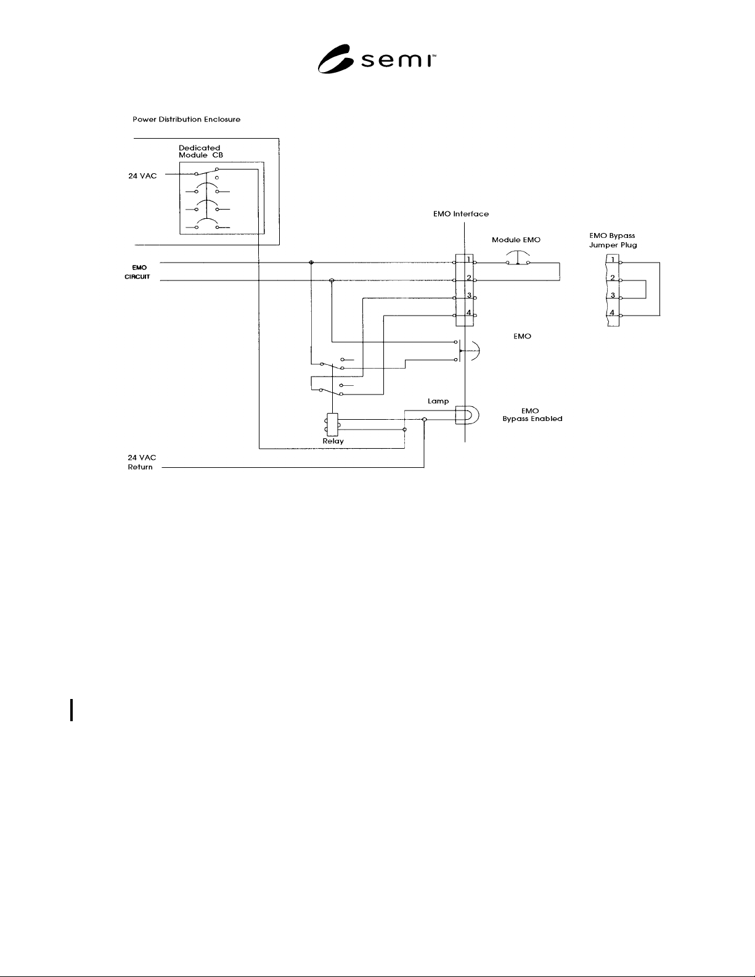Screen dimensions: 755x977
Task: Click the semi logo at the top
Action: [x=377, y=59]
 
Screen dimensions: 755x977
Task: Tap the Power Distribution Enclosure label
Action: [x=187, y=119]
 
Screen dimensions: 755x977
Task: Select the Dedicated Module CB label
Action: [x=200, y=152]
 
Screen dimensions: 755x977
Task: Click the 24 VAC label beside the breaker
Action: [x=142, y=176]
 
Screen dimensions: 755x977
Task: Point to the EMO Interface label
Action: [x=460, y=214]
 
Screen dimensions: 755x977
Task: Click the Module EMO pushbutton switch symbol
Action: [x=518, y=258]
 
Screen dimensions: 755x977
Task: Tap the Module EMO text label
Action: [x=516, y=240]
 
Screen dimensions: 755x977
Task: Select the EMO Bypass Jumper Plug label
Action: [x=613, y=240]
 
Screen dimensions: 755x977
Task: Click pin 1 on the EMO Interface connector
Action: [x=469, y=260]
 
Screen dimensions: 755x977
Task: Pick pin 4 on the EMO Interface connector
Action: [x=469, y=313]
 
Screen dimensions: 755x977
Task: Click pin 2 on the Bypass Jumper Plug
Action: [x=612, y=278]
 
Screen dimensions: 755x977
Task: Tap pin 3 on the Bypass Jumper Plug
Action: [x=613, y=295]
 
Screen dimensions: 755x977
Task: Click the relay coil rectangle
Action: [x=333, y=425]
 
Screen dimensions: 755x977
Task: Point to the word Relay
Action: [x=333, y=441]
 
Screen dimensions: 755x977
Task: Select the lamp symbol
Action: [x=467, y=415]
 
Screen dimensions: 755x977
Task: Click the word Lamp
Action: [x=438, y=401]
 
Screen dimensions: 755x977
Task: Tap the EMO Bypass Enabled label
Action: [x=532, y=415]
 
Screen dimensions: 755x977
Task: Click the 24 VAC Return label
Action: [x=142, y=462]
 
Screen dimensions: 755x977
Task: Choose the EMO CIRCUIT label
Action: [x=137, y=272]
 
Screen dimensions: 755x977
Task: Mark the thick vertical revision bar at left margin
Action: [x=71, y=710]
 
